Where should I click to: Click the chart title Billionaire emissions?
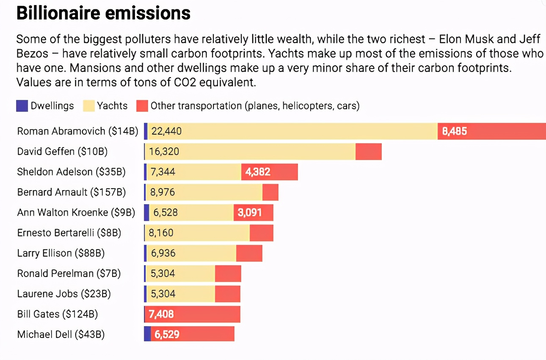[103, 14]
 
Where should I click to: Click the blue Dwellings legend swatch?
[22, 105]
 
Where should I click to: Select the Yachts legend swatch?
[88, 105]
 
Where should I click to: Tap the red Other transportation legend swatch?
[142, 105]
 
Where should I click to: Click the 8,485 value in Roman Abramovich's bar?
[455, 131]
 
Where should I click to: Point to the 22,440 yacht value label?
[166, 131]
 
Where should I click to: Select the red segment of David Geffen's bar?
[368, 152]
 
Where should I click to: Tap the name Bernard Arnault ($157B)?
[72, 192]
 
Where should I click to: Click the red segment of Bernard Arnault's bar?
[270, 192]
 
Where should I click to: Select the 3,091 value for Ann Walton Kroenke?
[250, 213]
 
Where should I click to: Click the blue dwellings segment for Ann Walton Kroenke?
[146, 213]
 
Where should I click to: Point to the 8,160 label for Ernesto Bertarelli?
[162, 233]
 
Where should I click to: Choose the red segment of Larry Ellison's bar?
[249, 253]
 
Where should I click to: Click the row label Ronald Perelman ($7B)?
[69, 274]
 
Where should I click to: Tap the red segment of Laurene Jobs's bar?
[227, 294]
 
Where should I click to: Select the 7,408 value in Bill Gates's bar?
[161, 314]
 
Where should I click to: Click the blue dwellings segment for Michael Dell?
[147, 334]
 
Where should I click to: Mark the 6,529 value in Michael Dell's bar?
[167, 335]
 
